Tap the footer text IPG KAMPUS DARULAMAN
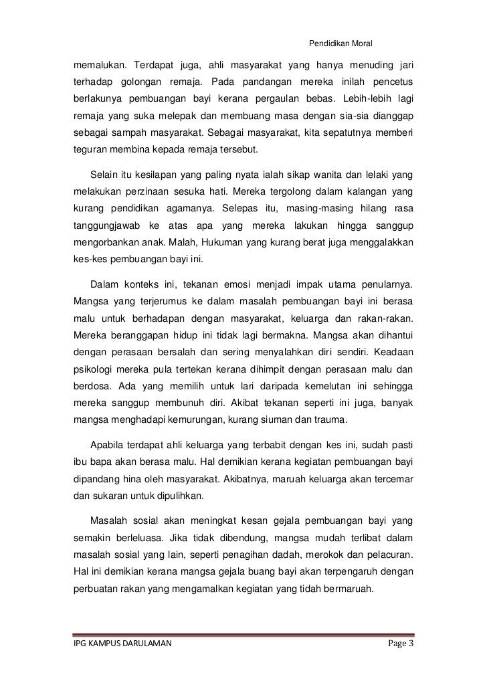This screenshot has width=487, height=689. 124,644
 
